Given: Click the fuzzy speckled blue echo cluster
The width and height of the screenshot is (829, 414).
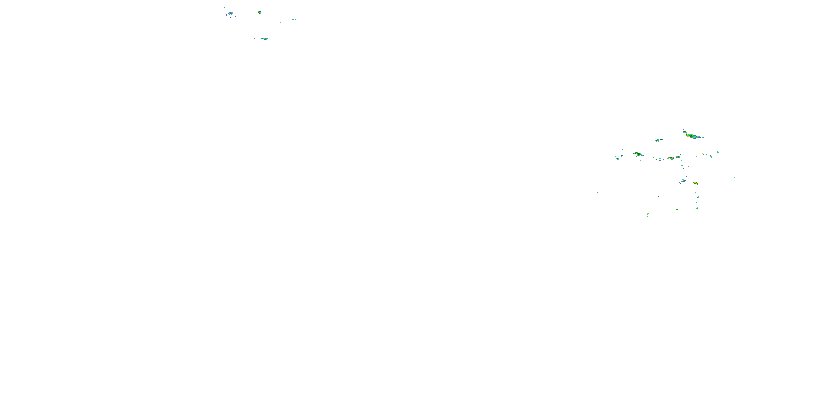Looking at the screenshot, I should tap(230, 14).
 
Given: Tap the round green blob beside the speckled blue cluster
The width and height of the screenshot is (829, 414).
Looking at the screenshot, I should tap(259, 12).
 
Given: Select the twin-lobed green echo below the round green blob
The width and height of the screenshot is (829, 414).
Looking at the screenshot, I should tap(264, 39).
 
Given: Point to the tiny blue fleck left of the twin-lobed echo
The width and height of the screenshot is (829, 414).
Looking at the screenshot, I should tap(254, 39).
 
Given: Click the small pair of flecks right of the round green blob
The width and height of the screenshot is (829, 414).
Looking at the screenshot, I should tap(294, 19).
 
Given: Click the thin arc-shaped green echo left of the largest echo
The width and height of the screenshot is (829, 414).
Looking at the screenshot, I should tap(659, 140).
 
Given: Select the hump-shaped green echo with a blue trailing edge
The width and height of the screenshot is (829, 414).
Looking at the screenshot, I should tap(638, 154).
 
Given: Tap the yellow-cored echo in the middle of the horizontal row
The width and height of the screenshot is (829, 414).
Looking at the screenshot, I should tap(671, 158).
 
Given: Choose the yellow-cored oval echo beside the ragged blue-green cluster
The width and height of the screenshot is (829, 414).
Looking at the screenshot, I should tap(696, 183).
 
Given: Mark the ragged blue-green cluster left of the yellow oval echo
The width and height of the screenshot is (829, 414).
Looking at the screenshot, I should tap(682, 182).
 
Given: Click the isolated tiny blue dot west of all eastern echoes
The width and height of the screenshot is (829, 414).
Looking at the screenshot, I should tap(597, 192).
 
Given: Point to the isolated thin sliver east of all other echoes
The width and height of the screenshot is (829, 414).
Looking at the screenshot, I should tap(735, 178).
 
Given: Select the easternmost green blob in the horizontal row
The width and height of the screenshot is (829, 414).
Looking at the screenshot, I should tap(718, 152).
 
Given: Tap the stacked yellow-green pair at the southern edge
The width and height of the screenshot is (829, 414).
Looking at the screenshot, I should tap(647, 214).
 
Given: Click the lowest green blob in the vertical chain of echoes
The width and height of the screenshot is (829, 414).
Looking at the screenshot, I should tap(697, 208).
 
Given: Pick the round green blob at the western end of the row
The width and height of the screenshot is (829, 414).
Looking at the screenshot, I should tap(618, 158).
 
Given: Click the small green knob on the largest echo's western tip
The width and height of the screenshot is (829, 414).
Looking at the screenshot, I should tap(684, 131).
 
